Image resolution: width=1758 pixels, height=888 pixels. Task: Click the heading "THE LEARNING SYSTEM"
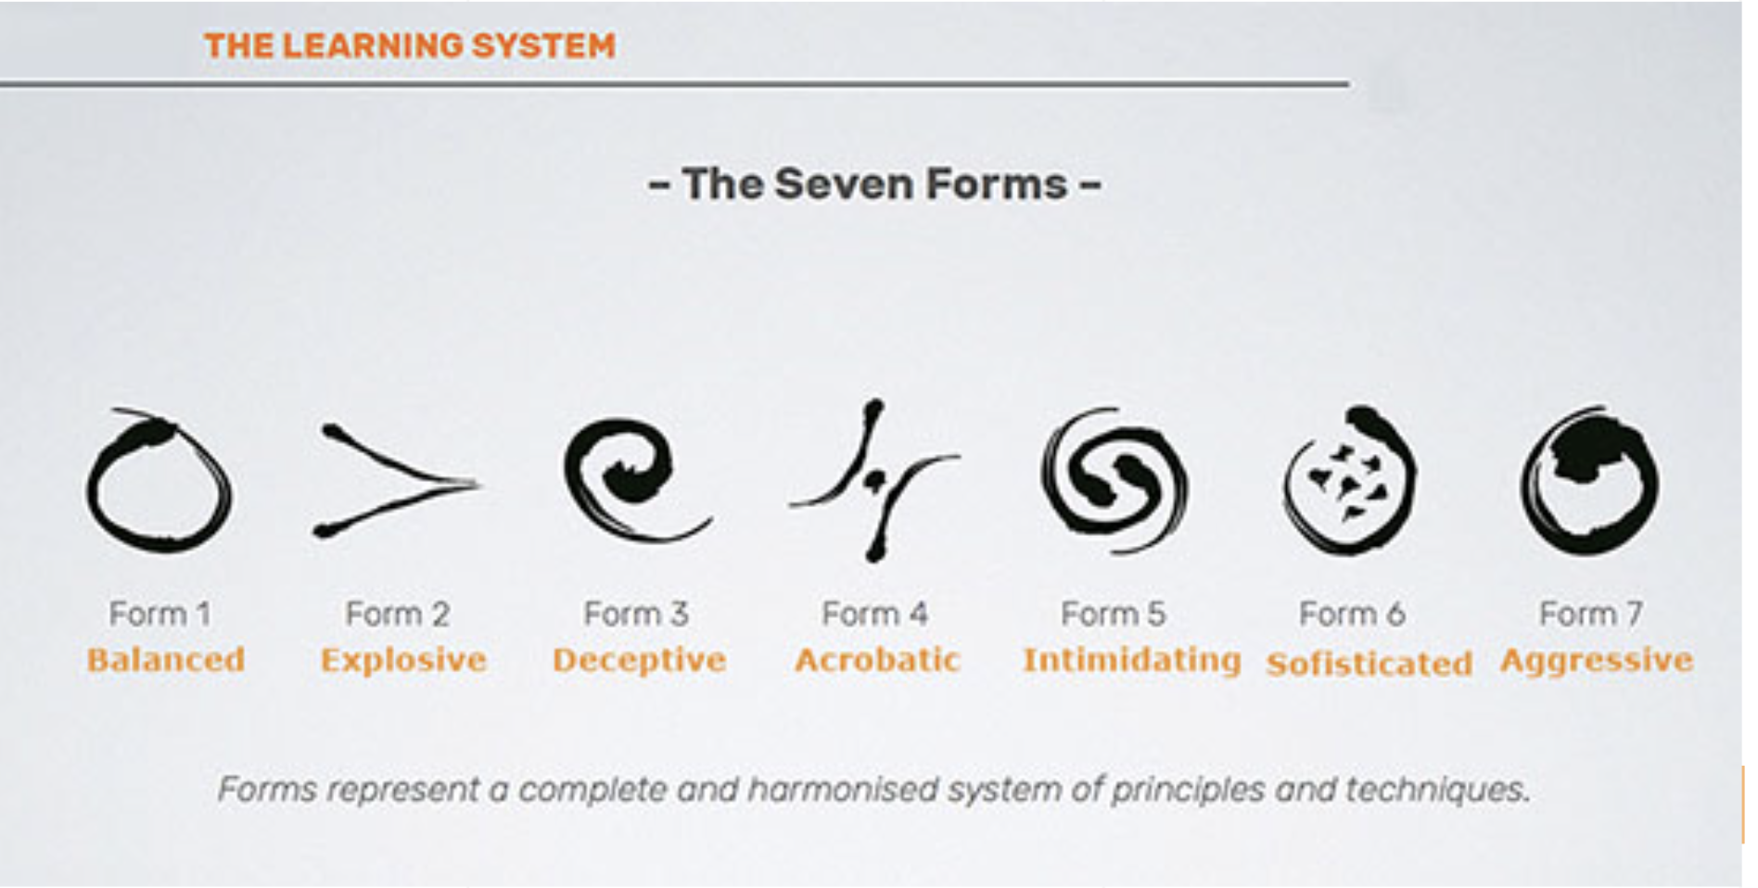(x=410, y=45)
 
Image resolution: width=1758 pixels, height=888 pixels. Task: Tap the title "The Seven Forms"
(x=874, y=184)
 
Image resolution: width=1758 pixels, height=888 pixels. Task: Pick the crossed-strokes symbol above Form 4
(x=874, y=480)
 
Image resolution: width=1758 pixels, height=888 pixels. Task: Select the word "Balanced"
(x=166, y=660)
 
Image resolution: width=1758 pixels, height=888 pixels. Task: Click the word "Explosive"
(x=403, y=661)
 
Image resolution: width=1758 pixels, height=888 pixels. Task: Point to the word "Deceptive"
(x=639, y=661)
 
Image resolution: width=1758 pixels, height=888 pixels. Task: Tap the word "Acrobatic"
(x=877, y=660)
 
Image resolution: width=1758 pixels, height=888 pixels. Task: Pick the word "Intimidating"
(x=1132, y=661)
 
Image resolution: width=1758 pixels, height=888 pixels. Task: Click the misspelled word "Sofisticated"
(x=1369, y=664)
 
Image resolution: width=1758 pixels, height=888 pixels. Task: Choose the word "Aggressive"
(x=1597, y=662)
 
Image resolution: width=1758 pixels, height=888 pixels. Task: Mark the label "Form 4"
(x=874, y=614)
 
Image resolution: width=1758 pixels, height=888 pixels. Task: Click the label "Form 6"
(x=1352, y=614)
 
